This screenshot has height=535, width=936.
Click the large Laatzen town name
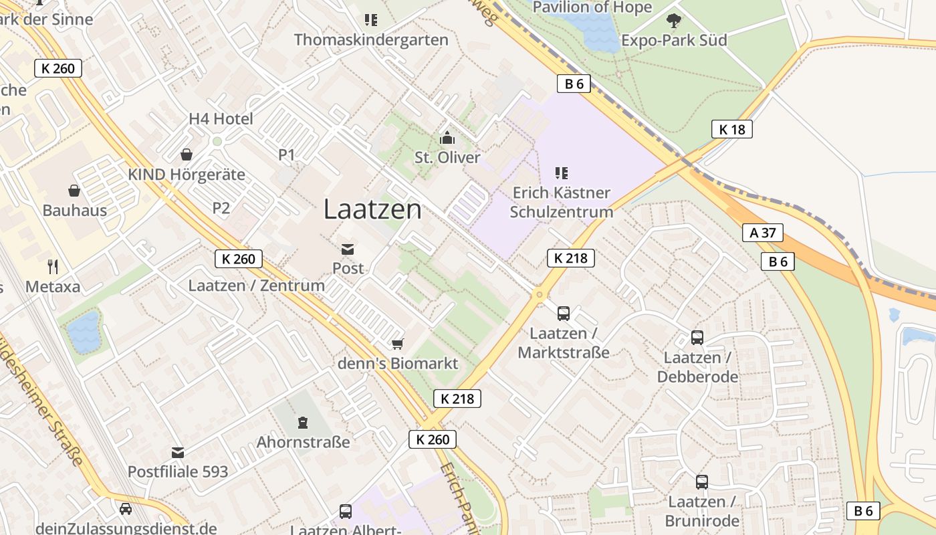tap(372, 209)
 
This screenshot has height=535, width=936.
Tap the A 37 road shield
tap(762, 233)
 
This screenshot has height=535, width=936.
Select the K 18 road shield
tap(731, 129)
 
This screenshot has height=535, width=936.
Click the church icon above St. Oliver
tap(447, 138)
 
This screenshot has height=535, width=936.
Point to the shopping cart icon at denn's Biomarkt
tap(398, 344)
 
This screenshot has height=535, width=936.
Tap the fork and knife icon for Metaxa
tap(53, 267)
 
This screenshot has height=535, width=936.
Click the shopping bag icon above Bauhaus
tap(74, 191)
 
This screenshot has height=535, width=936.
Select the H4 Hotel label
tap(221, 119)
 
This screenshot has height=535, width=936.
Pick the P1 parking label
tap(286, 155)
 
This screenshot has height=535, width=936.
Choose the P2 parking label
tap(221, 208)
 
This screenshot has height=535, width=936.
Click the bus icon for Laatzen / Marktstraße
tap(564, 313)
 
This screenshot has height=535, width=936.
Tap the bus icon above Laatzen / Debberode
tap(697, 338)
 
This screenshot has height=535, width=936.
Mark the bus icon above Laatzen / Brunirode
tap(702, 481)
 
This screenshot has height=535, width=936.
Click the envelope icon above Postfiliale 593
tap(178, 452)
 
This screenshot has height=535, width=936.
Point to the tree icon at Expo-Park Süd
tap(673, 21)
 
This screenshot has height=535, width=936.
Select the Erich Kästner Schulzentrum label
tap(561, 203)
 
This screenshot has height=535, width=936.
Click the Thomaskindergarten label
tap(371, 40)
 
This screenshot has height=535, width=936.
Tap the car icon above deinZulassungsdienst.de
tap(125, 509)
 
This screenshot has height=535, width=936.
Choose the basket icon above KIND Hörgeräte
tap(187, 155)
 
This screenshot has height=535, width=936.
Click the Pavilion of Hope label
tap(592, 7)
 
